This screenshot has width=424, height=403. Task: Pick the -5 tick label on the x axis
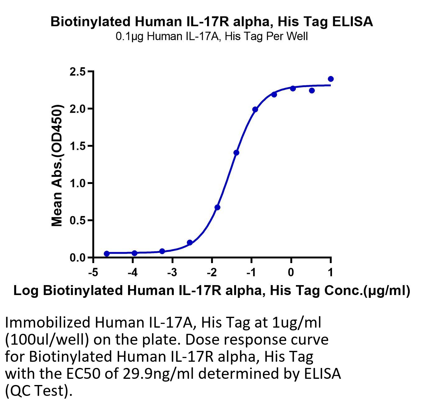(x=93, y=273)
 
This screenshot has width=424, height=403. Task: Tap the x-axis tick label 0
(x=291, y=273)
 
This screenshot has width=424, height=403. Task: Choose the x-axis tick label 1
(x=330, y=273)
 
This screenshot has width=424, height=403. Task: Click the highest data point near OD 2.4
(x=331, y=79)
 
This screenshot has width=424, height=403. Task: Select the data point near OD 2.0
(x=255, y=110)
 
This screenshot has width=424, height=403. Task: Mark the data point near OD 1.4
(x=236, y=153)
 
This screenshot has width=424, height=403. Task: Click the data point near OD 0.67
(x=217, y=207)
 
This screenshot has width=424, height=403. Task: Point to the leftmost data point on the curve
(x=107, y=253)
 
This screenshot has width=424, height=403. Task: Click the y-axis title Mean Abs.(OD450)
(x=57, y=165)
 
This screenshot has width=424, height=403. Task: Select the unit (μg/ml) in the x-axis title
(x=386, y=291)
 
